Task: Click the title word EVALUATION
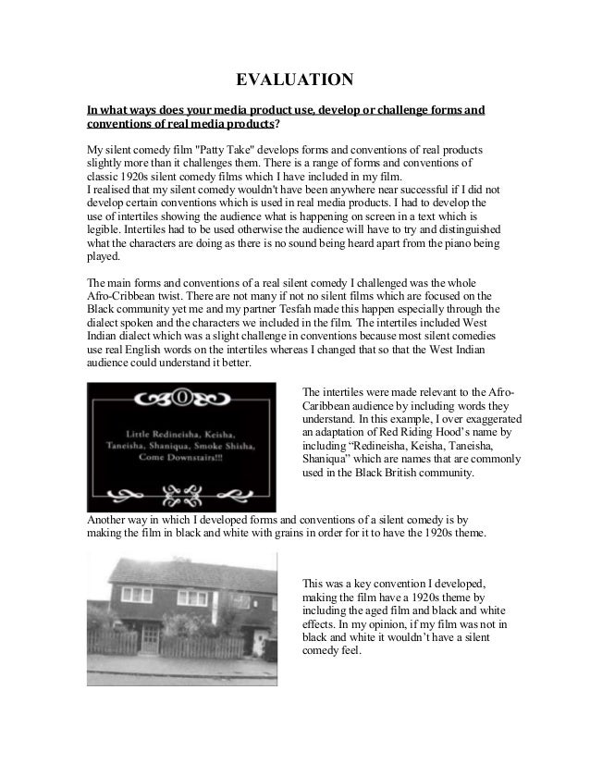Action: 294,78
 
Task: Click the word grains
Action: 293,533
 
